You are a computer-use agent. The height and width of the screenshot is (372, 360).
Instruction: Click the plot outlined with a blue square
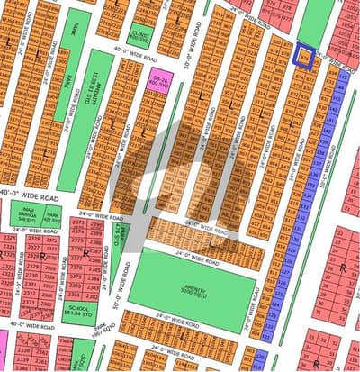coord(306,56)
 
